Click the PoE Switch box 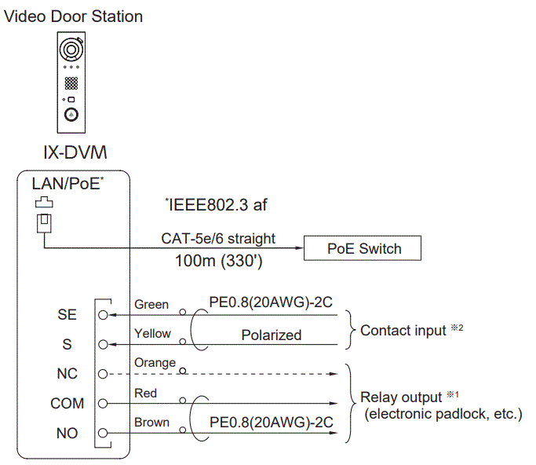(x=363, y=249)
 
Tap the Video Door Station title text (x=74, y=16)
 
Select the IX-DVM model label (x=75, y=152)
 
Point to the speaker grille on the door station (x=71, y=83)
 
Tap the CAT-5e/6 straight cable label (x=218, y=237)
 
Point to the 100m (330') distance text (x=219, y=261)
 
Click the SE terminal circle (x=103, y=314)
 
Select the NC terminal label (x=67, y=374)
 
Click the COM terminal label (x=67, y=404)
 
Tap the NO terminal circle (x=103, y=433)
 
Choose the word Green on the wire (x=151, y=304)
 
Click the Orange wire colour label (x=155, y=363)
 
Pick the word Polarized (x=271, y=335)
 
